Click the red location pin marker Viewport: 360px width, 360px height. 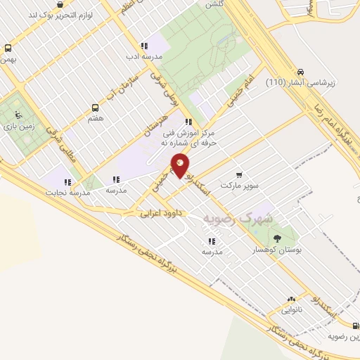point(180,165)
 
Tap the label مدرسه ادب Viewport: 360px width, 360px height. point(143,56)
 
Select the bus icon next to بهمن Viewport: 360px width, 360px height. point(8,49)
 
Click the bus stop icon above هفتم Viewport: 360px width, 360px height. point(95,108)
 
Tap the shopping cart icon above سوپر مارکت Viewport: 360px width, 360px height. point(239,174)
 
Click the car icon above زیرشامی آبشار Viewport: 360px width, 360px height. point(300,72)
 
